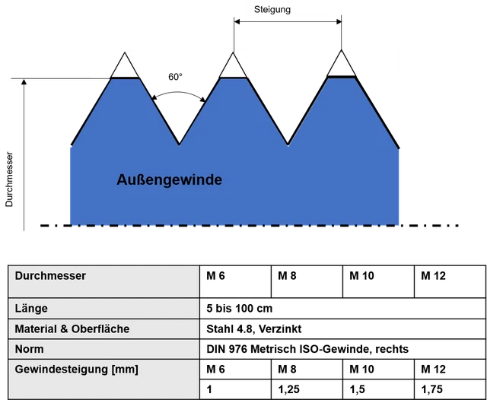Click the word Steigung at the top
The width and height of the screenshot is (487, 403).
(x=272, y=10)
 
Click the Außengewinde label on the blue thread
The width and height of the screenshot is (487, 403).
(x=170, y=180)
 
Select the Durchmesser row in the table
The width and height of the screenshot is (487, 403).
(x=50, y=275)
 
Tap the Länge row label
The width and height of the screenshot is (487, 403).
(x=31, y=309)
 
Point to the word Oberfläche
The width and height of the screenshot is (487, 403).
(x=98, y=329)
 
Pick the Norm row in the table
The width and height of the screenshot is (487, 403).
(x=29, y=349)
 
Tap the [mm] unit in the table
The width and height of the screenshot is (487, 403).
(x=125, y=370)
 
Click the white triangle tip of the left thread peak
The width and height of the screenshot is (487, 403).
(x=125, y=67)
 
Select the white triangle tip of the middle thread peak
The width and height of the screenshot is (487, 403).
(x=232, y=67)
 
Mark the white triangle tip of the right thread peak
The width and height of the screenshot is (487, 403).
(x=340, y=65)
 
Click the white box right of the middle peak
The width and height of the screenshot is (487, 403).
(x=266, y=63)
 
